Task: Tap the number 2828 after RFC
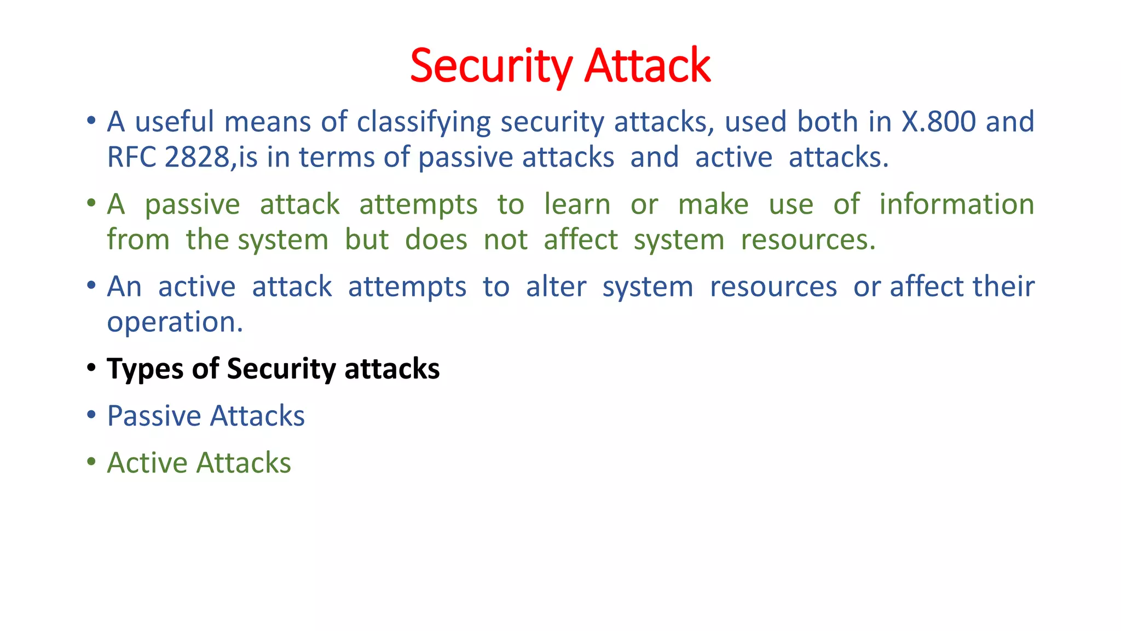coord(197,158)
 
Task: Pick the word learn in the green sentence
coord(577,205)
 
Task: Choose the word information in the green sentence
coord(956,205)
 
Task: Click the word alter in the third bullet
coord(556,287)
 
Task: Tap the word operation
coord(175,323)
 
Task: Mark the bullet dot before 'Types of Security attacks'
coord(91,368)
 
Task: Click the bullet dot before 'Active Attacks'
coord(91,461)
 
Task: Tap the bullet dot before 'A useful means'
coord(91,120)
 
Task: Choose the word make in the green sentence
coord(713,205)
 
